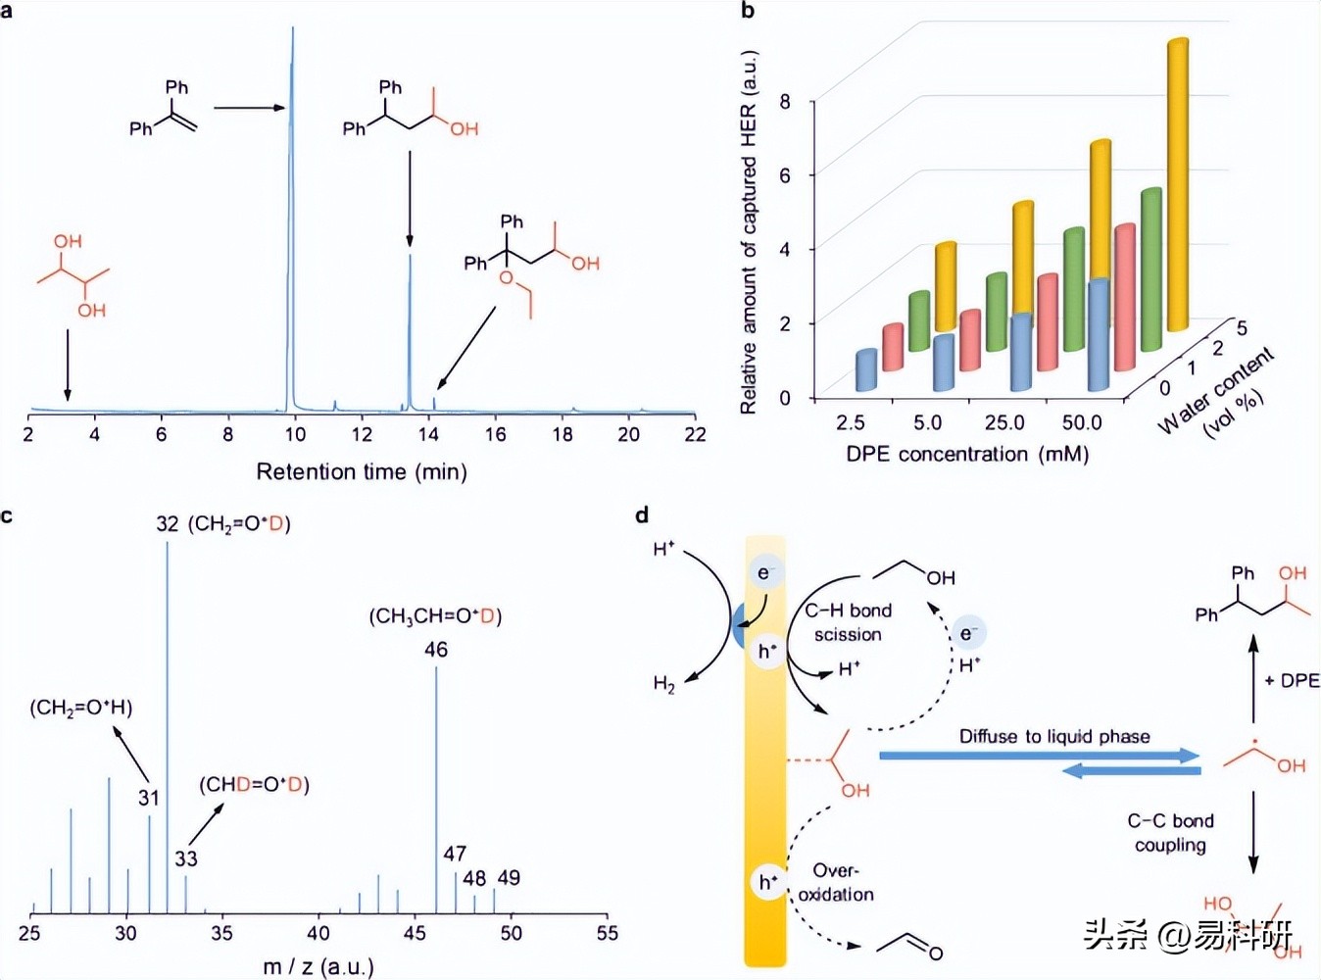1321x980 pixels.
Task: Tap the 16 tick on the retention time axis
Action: pos(495,434)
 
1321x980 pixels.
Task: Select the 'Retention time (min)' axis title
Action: pos(362,471)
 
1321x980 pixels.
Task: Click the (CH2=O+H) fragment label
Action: pos(81,708)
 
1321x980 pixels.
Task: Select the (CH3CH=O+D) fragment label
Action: pos(435,616)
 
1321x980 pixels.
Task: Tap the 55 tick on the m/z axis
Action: pos(608,933)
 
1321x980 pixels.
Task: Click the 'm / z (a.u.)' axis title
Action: pos(318,967)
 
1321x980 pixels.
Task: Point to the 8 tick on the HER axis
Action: pos(785,101)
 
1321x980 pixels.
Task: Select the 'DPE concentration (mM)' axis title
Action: pos(967,454)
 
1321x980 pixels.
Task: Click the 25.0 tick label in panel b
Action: pos(1004,422)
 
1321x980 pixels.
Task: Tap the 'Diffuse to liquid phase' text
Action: pos(1054,737)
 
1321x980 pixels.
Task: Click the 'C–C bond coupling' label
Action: pos(1170,833)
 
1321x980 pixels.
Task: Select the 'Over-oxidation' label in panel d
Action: pos(836,882)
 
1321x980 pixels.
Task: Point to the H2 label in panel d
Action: pos(664,684)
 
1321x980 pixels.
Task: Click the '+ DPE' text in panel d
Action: pos(1292,681)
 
